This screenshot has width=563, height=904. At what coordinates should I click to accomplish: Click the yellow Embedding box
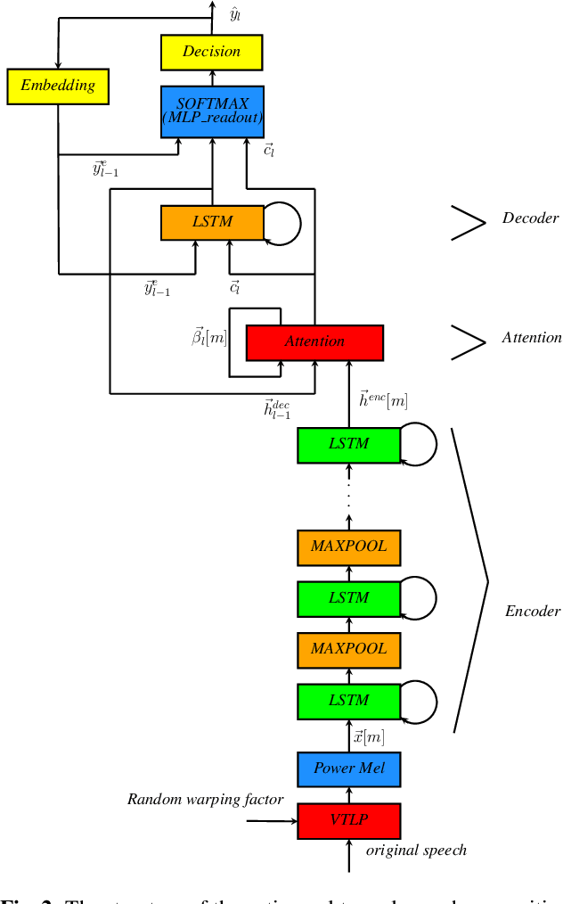(57, 86)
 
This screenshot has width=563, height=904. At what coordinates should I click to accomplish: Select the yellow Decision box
(212, 52)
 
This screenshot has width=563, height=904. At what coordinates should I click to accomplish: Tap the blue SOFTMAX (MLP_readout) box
(212, 111)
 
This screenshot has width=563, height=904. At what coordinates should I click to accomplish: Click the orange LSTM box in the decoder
(212, 222)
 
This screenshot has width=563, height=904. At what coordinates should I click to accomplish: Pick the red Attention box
(314, 341)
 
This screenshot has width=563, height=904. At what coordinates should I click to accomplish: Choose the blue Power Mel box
(348, 768)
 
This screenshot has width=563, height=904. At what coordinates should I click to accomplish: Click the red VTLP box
(348, 820)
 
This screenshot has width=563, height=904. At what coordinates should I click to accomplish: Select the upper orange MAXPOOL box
(348, 546)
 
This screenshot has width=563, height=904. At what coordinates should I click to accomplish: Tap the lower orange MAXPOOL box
(348, 648)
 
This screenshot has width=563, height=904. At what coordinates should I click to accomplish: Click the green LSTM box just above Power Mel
(348, 700)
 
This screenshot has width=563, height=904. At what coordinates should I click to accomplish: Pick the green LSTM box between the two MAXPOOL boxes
(348, 597)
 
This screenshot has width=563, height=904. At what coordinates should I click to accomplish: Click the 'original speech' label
(417, 850)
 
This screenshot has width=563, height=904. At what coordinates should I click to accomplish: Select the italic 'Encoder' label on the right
(533, 611)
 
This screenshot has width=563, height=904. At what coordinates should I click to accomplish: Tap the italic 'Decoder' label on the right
(530, 218)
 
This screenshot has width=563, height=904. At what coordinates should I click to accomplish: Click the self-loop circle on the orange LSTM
(282, 222)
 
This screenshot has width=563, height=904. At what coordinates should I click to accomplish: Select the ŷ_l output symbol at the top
(235, 16)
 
